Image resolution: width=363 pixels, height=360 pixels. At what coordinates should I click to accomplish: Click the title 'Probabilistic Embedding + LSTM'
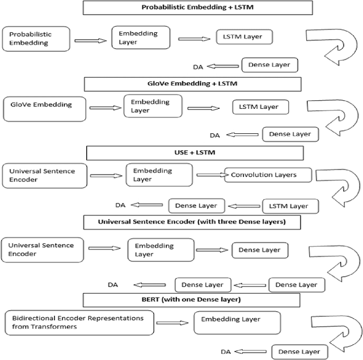click(198, 8)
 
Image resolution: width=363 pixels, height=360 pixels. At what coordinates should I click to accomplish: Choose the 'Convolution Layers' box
click(268, 175)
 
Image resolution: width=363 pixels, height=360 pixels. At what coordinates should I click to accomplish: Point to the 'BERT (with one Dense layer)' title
click(192, 299)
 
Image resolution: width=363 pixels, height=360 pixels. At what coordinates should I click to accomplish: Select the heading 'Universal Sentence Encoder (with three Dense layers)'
click(192, 222)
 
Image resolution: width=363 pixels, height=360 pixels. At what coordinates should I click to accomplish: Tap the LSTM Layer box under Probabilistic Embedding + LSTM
click(243, 37)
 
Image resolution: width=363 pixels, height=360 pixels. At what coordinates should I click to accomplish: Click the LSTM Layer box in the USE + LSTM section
click(289, 206)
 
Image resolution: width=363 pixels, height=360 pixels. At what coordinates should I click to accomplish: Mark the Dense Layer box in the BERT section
click(299, 351)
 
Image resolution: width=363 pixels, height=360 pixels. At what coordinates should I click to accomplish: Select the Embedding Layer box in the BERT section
click(237, 323)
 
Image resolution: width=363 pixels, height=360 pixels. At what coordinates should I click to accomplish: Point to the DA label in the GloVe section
click(214, 135)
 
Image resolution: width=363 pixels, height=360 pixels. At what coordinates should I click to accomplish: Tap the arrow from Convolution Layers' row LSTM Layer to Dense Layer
click(244, 206)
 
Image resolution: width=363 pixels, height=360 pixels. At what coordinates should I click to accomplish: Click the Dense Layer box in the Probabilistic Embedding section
click(270, 65)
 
